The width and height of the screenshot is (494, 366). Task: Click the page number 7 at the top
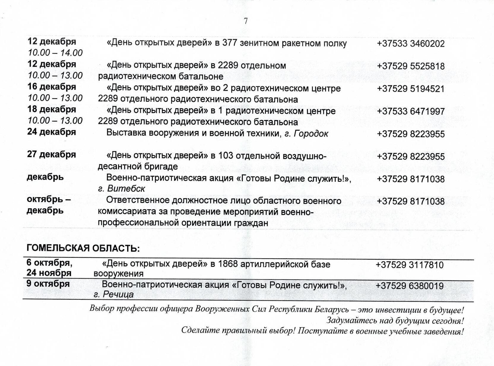[245, 21]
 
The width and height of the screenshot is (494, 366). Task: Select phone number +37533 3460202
[411, 44]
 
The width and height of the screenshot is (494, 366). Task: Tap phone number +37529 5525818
[411, 66]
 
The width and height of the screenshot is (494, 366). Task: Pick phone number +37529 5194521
[411, 89]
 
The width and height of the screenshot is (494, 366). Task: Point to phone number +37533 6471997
[411, 112]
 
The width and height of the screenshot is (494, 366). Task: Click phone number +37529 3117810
[409, 265]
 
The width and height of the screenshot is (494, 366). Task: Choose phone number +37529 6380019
[409, 286]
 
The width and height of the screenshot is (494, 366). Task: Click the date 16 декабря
[52, 87]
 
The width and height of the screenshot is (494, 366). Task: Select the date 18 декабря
[52, 110]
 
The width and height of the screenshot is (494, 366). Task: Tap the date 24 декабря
[52, 132]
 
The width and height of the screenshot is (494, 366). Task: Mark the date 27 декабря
[52, 155]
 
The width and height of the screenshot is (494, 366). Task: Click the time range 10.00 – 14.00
[55, 53]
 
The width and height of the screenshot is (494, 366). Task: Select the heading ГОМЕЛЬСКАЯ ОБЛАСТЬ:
[83, 248]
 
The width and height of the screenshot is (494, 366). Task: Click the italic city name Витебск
[126, 189]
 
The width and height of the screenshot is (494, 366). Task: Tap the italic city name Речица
[118, 295]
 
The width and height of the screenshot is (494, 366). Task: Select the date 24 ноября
[49, 273]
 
